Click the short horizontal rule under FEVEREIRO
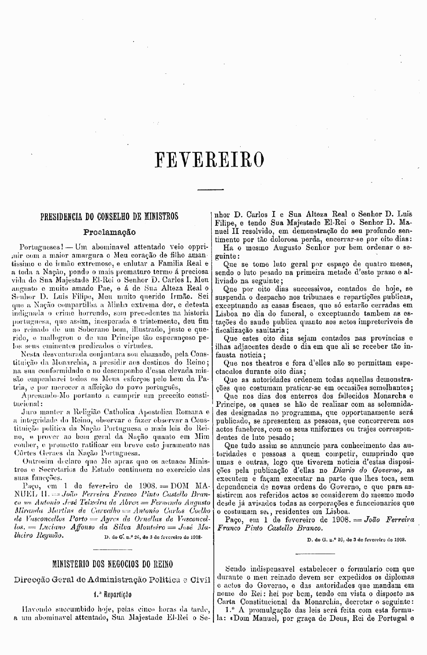pyautogui.click(x=211, y=190)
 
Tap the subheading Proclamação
pyautogui.click(x=109, y=232)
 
